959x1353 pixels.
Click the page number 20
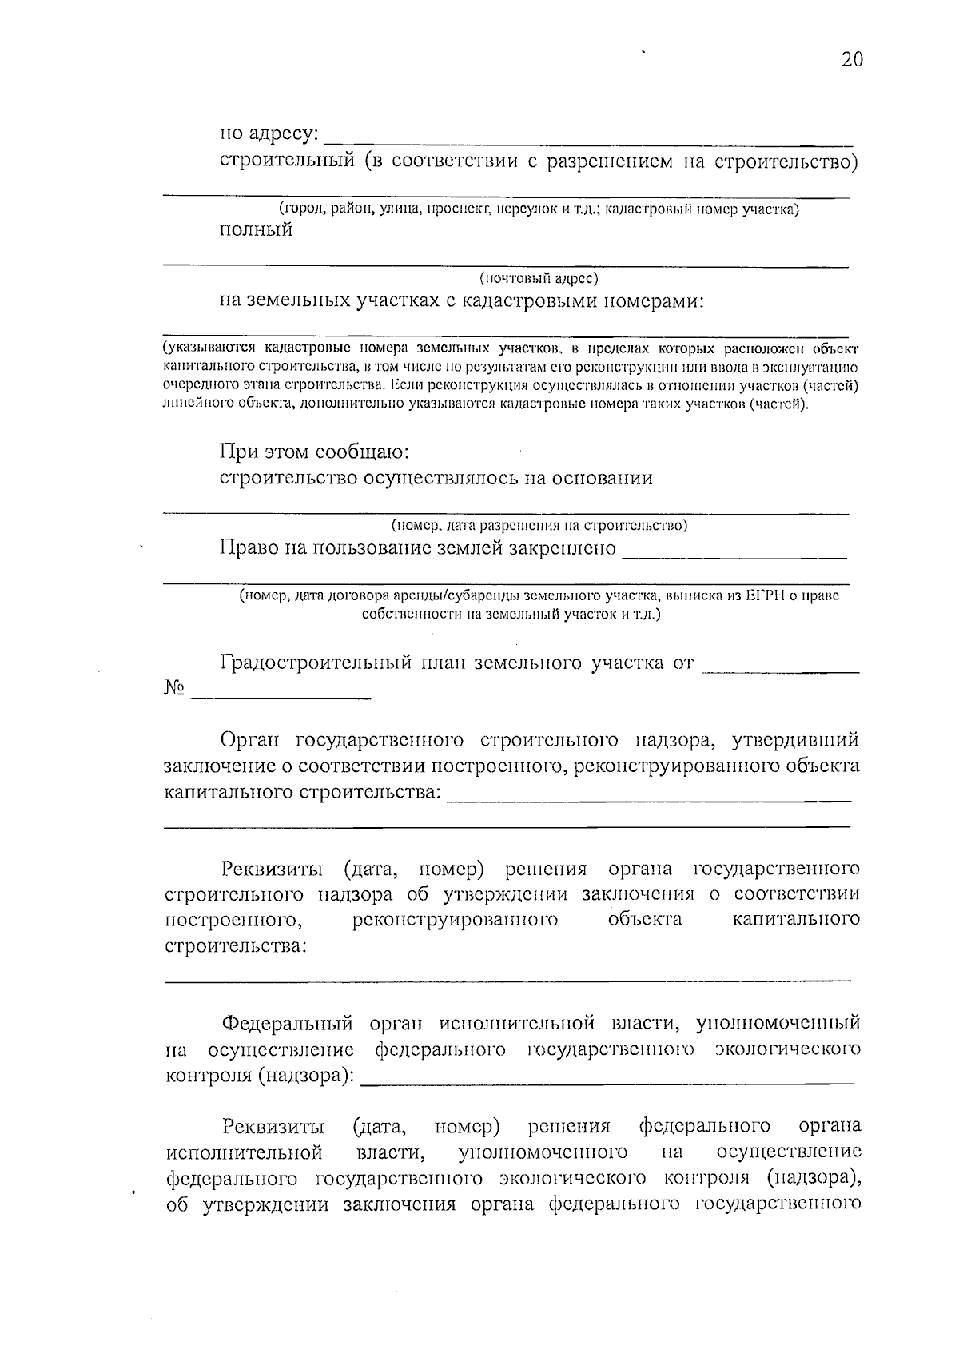pos(852,59)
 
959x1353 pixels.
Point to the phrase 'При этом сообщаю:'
pos(315,452)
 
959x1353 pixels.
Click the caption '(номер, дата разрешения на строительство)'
pos(539,526)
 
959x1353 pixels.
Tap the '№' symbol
pos(174,688)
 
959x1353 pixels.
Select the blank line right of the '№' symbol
pos(281,694)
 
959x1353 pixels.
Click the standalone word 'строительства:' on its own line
pos(236,946)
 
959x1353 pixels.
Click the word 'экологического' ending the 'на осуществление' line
pos(788,1049)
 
